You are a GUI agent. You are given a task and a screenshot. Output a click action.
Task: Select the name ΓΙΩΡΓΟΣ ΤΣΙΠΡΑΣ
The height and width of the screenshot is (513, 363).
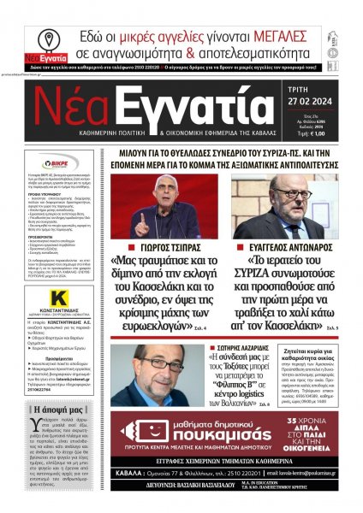pyautogui.click(x=164, y=242)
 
